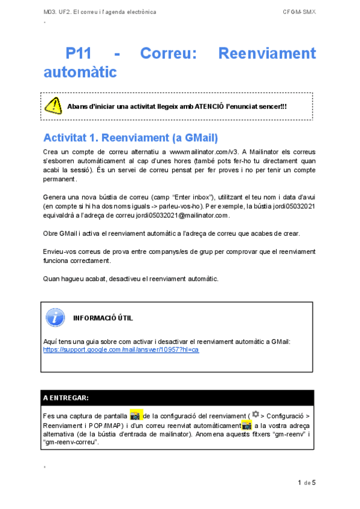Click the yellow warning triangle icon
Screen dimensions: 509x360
click(x=53, y=106)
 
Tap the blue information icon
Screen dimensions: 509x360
click(x=55, y=318)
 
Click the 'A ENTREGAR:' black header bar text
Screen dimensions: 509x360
click(x=66, y=397)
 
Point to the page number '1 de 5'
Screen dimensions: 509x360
click(x=307, y=483)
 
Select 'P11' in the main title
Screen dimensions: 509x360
click(x=79, y=54)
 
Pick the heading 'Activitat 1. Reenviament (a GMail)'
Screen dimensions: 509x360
click(x=130, y=137)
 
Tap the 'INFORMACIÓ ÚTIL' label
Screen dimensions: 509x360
click(x=103, y=318)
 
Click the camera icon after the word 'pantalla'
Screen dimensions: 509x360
click(x=136, y=415)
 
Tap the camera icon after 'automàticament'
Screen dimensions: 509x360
click(x=246, y=425)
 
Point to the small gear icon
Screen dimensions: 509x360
click(x=256, y=414)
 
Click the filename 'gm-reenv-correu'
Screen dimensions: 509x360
click(x=71, y=442)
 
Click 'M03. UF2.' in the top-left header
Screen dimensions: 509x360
click(x=57, y=11)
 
